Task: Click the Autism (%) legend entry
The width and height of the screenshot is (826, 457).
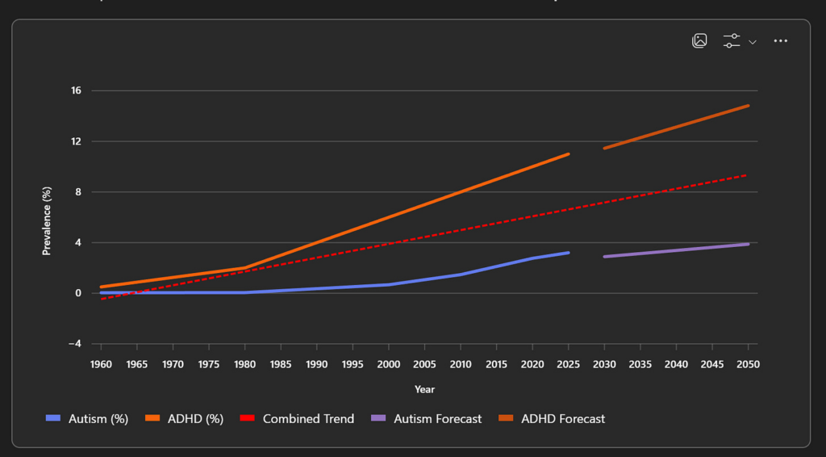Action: click(88, 419)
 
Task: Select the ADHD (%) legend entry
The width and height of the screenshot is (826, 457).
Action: click(185, 419)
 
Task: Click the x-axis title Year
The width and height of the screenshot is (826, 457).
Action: click(424, 389)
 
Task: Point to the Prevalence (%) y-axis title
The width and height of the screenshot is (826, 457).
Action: click(47, 220)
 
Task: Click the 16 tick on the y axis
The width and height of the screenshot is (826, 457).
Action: click(76, 90)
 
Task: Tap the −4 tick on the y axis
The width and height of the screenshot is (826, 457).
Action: click(74, 344)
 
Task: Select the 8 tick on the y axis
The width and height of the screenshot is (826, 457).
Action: click(78, 192)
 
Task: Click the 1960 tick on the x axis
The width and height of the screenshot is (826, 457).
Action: click(101, 364)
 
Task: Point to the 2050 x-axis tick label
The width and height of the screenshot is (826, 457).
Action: click(748, 364)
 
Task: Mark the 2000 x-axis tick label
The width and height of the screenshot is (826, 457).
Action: click(389, 364)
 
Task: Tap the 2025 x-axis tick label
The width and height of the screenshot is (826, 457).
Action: click(569, 364)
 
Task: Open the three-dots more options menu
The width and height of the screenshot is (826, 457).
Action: click(780, 41)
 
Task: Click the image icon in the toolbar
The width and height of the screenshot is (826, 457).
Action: click(699, 41)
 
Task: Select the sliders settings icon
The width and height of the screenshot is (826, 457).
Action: click(732, 41)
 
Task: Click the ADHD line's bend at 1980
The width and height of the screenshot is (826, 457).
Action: click(244, 267)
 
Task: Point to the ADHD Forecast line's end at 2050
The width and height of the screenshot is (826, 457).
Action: click(748, 106)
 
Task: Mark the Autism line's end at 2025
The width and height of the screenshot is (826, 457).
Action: click(569, 253)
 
